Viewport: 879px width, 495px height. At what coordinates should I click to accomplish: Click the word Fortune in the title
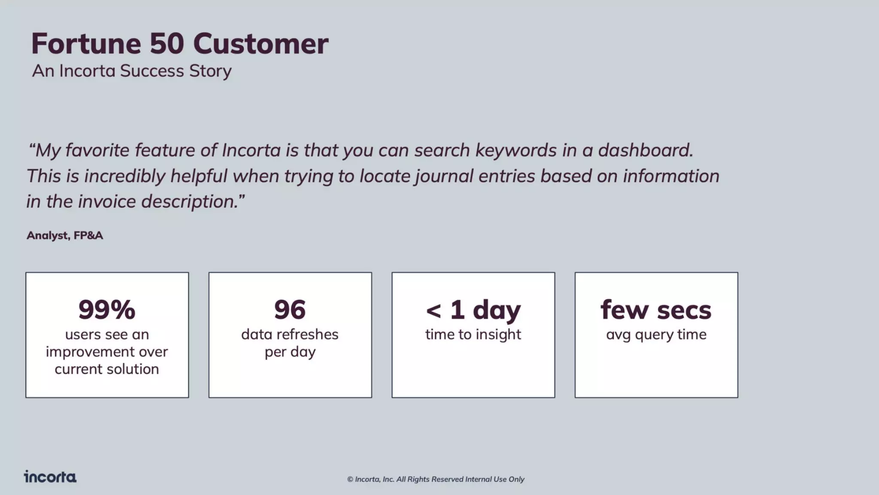coord(86,44)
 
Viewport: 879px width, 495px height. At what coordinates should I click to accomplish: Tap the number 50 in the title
coord(167,44)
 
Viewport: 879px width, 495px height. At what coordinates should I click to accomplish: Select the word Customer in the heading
coord(261,44)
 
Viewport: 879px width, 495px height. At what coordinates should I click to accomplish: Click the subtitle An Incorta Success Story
coord(132,71)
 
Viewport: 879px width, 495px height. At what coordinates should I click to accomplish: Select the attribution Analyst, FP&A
coord(65,235)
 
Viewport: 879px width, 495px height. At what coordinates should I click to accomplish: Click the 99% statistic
coord(107,309)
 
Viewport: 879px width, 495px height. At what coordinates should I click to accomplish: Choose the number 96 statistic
coord(290,309)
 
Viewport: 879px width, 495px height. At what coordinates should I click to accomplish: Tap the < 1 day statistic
coord(473,310)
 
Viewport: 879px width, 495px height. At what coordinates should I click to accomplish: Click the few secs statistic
coord(656,310)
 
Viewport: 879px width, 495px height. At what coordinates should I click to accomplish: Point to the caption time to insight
coord(473,334)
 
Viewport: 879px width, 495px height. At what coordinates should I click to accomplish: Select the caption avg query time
coord(656,334)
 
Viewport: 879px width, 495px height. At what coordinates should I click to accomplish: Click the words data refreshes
coord(290,334)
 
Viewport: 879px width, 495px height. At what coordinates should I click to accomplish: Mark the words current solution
coord(107,369)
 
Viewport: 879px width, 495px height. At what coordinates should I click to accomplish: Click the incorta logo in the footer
coord(50,477)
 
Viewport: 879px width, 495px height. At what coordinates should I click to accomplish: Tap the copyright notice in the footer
coord(436,479)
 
